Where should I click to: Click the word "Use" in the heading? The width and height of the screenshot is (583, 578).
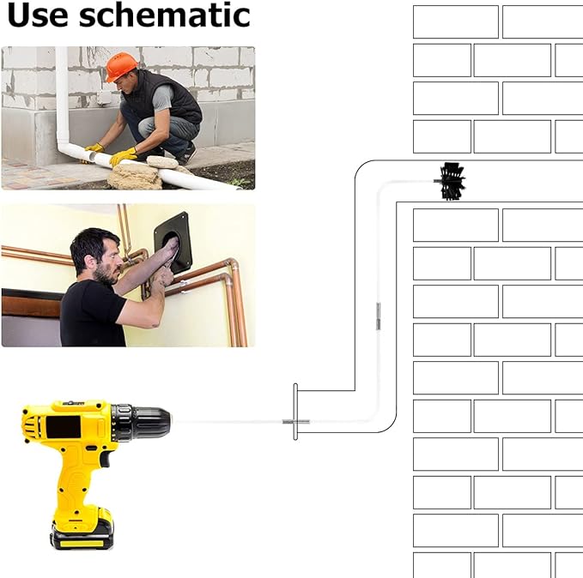(38, 15)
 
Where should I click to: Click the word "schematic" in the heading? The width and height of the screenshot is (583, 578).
(165, 15)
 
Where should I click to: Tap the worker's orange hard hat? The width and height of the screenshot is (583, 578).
(120, 66)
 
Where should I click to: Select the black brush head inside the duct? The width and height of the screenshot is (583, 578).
(451, 181)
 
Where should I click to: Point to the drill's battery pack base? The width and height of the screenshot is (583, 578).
(82, 537)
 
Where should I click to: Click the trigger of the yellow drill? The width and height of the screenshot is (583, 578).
(106, 460)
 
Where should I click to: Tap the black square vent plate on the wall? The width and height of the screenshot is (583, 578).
(173, 243)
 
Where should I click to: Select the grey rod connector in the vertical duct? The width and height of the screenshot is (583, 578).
(378, 316)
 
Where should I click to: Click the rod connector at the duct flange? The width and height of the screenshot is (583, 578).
(296, 422)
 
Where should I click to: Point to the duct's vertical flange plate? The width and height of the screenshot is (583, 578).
(295, 412)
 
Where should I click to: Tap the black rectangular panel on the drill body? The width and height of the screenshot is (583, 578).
(64, 427)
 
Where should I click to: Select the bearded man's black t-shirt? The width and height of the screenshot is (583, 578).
(92, 313)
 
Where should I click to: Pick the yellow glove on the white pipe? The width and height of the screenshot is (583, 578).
(123, 156)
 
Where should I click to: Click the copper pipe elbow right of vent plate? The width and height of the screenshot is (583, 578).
(230, 264)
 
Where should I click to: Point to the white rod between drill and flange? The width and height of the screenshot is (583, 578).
(228, 422)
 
